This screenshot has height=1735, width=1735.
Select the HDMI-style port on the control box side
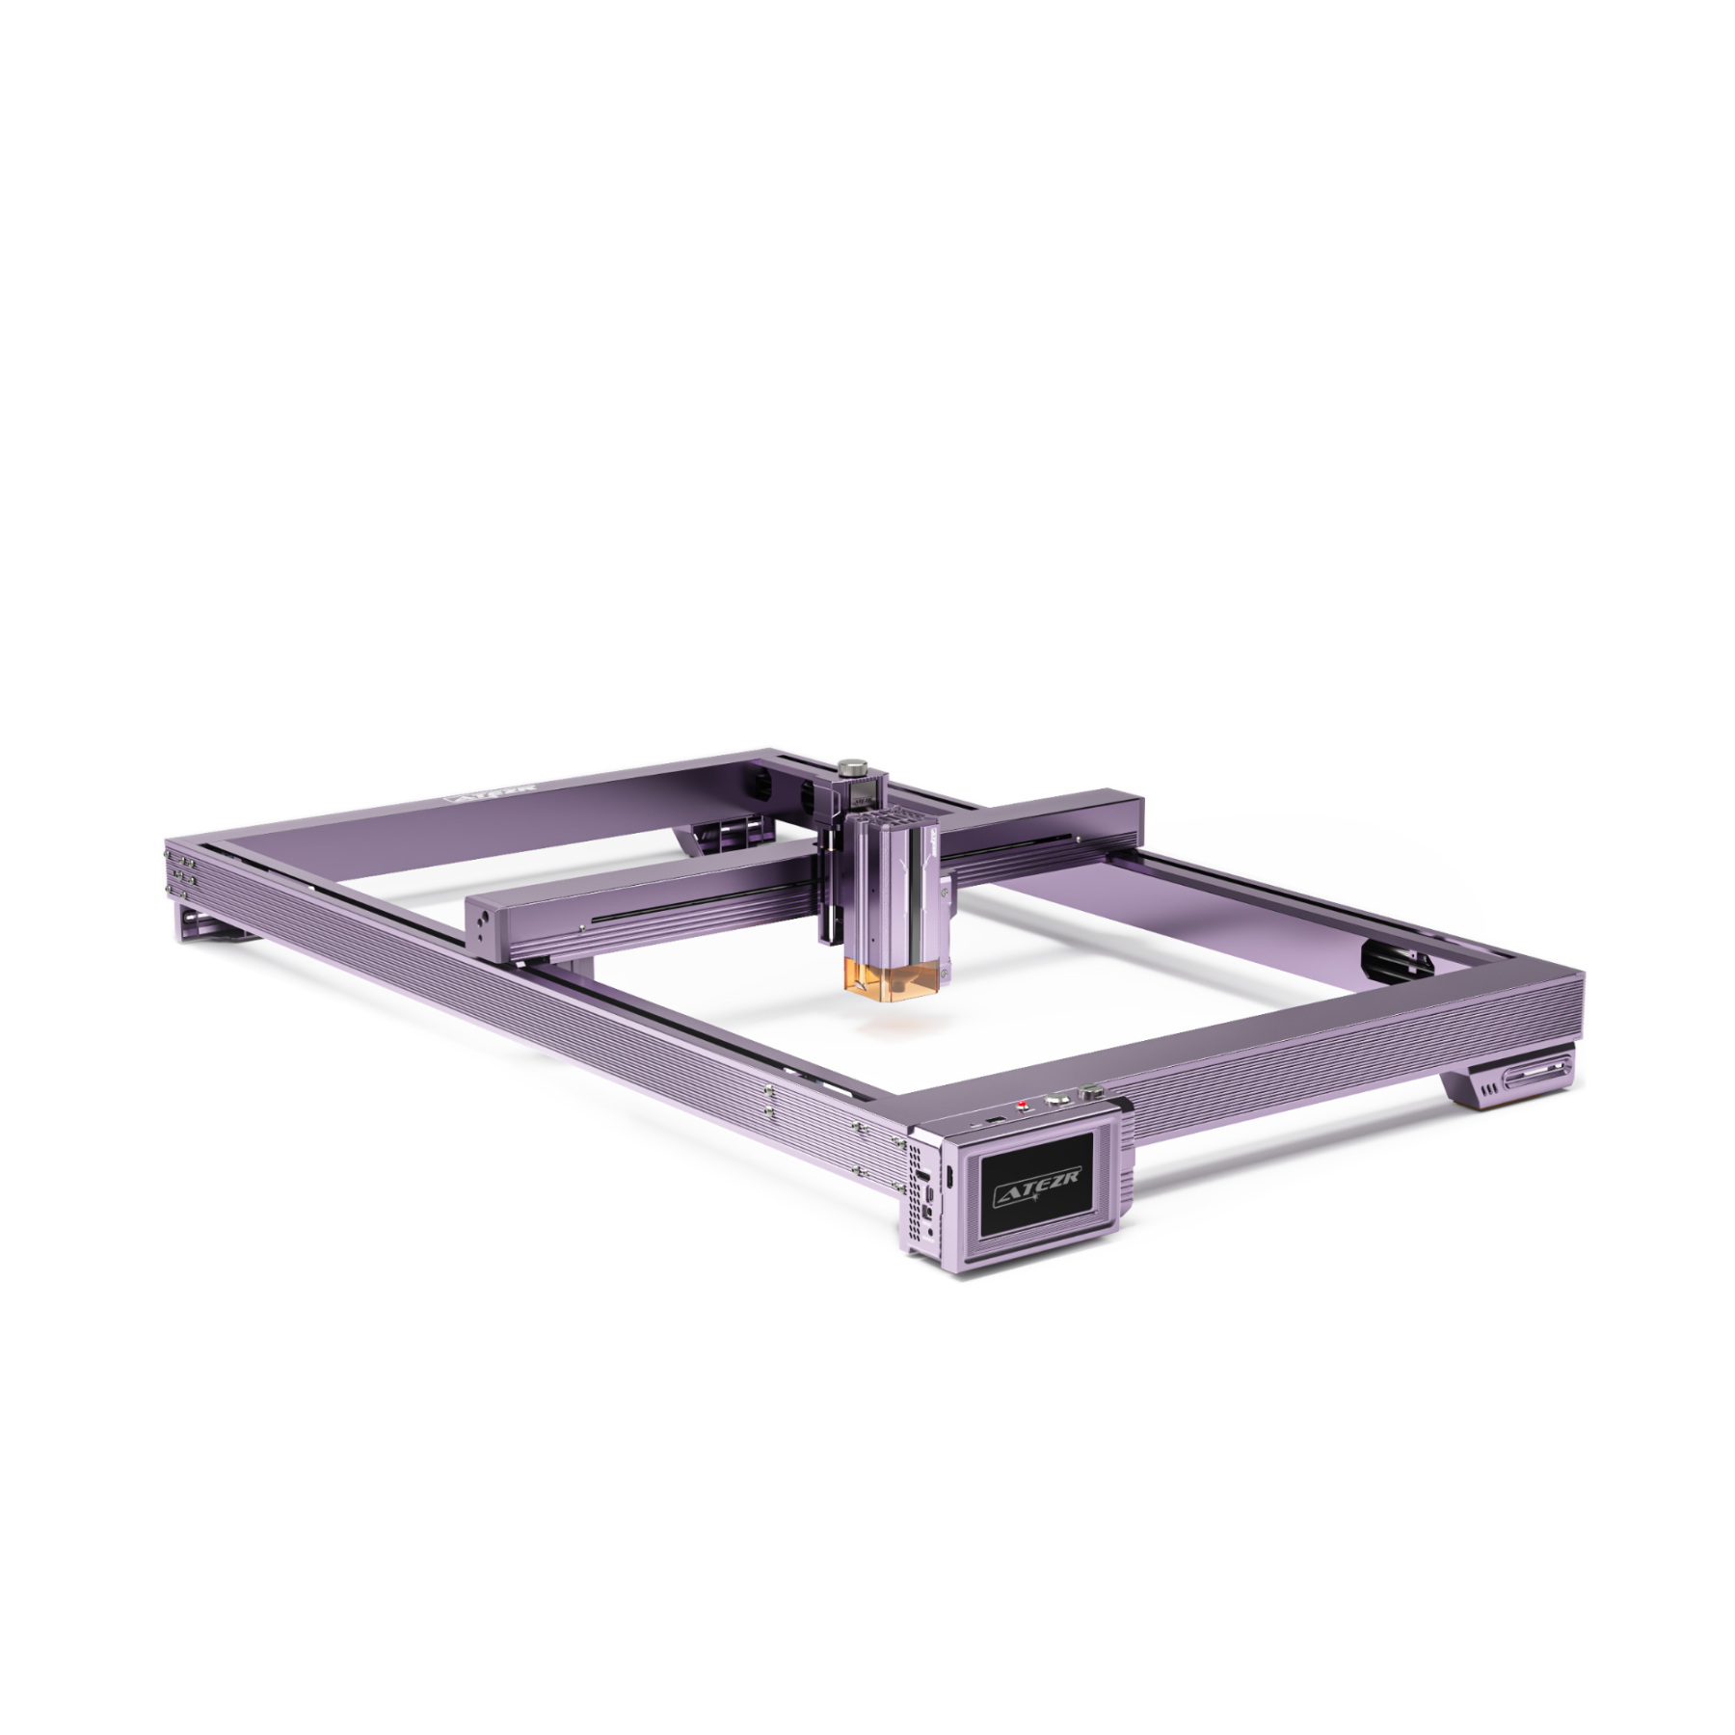(x=923, y=1178)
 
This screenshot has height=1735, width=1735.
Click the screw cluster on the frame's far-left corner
(x=183, y=867)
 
